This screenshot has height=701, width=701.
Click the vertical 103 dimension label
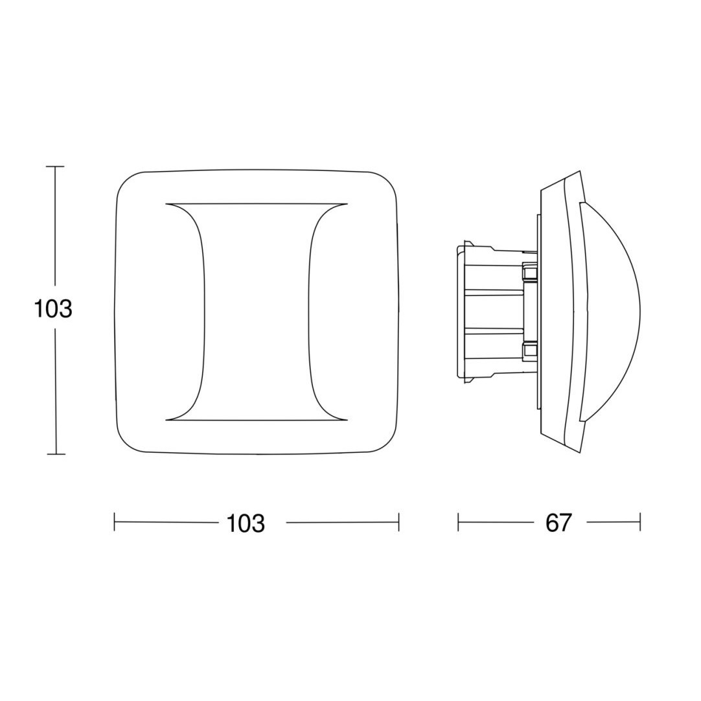[x=52, y=308]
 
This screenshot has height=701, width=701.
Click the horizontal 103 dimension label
[x=246, y=523]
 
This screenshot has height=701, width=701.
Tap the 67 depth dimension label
[x=559, y=522]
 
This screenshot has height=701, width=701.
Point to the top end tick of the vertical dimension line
[x=56, y=167]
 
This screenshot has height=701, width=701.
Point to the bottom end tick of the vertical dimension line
[x=56, y=454]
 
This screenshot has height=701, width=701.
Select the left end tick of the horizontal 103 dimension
[x=115, y=522]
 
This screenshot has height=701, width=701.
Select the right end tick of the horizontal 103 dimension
[x=398, y=522]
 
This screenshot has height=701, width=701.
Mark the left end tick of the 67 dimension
[x=458, y=522]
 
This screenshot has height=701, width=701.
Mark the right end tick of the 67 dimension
[x=640, y=522]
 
